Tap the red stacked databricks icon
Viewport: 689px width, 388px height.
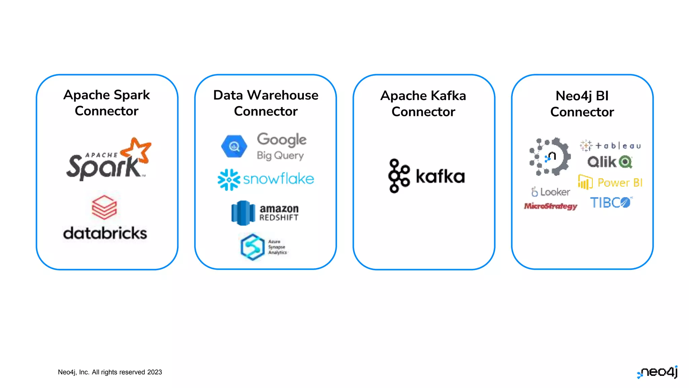(104, 207)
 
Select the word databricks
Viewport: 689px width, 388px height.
(105, 233)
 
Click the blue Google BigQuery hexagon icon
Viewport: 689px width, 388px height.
(234, 146)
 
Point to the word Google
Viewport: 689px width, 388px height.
(282, 140)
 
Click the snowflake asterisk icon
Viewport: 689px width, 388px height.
(229, 180)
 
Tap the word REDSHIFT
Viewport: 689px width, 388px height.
(279, 218)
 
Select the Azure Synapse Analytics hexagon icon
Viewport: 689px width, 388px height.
(253, 247)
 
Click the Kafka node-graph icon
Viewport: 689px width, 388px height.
(399, 176)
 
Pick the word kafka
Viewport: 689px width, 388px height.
(440, 176)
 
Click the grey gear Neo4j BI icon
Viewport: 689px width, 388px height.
(550, 157)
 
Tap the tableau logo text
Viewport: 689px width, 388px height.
(618, 146)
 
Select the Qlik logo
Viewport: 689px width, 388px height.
(610, 162)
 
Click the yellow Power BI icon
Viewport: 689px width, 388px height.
(585, 182)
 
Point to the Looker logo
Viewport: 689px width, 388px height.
(551, 192)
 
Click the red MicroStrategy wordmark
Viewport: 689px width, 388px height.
(550, 206)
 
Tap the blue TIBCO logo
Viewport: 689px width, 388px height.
(611, 203)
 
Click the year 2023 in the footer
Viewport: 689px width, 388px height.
(154, 372)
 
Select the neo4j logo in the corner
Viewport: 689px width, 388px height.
(657, 372)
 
